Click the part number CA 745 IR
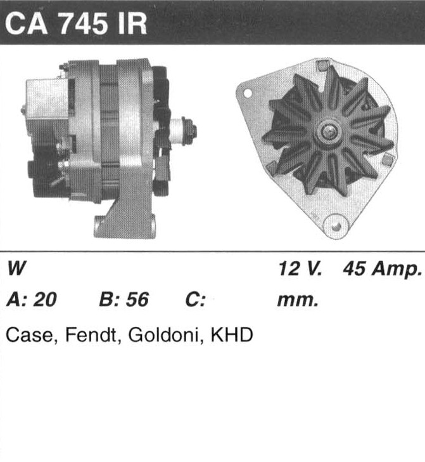76,24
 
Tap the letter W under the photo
16,268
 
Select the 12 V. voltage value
300,268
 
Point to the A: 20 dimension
32,300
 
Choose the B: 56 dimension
124,300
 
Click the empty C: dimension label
195,300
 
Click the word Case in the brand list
29,335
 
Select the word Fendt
91,334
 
